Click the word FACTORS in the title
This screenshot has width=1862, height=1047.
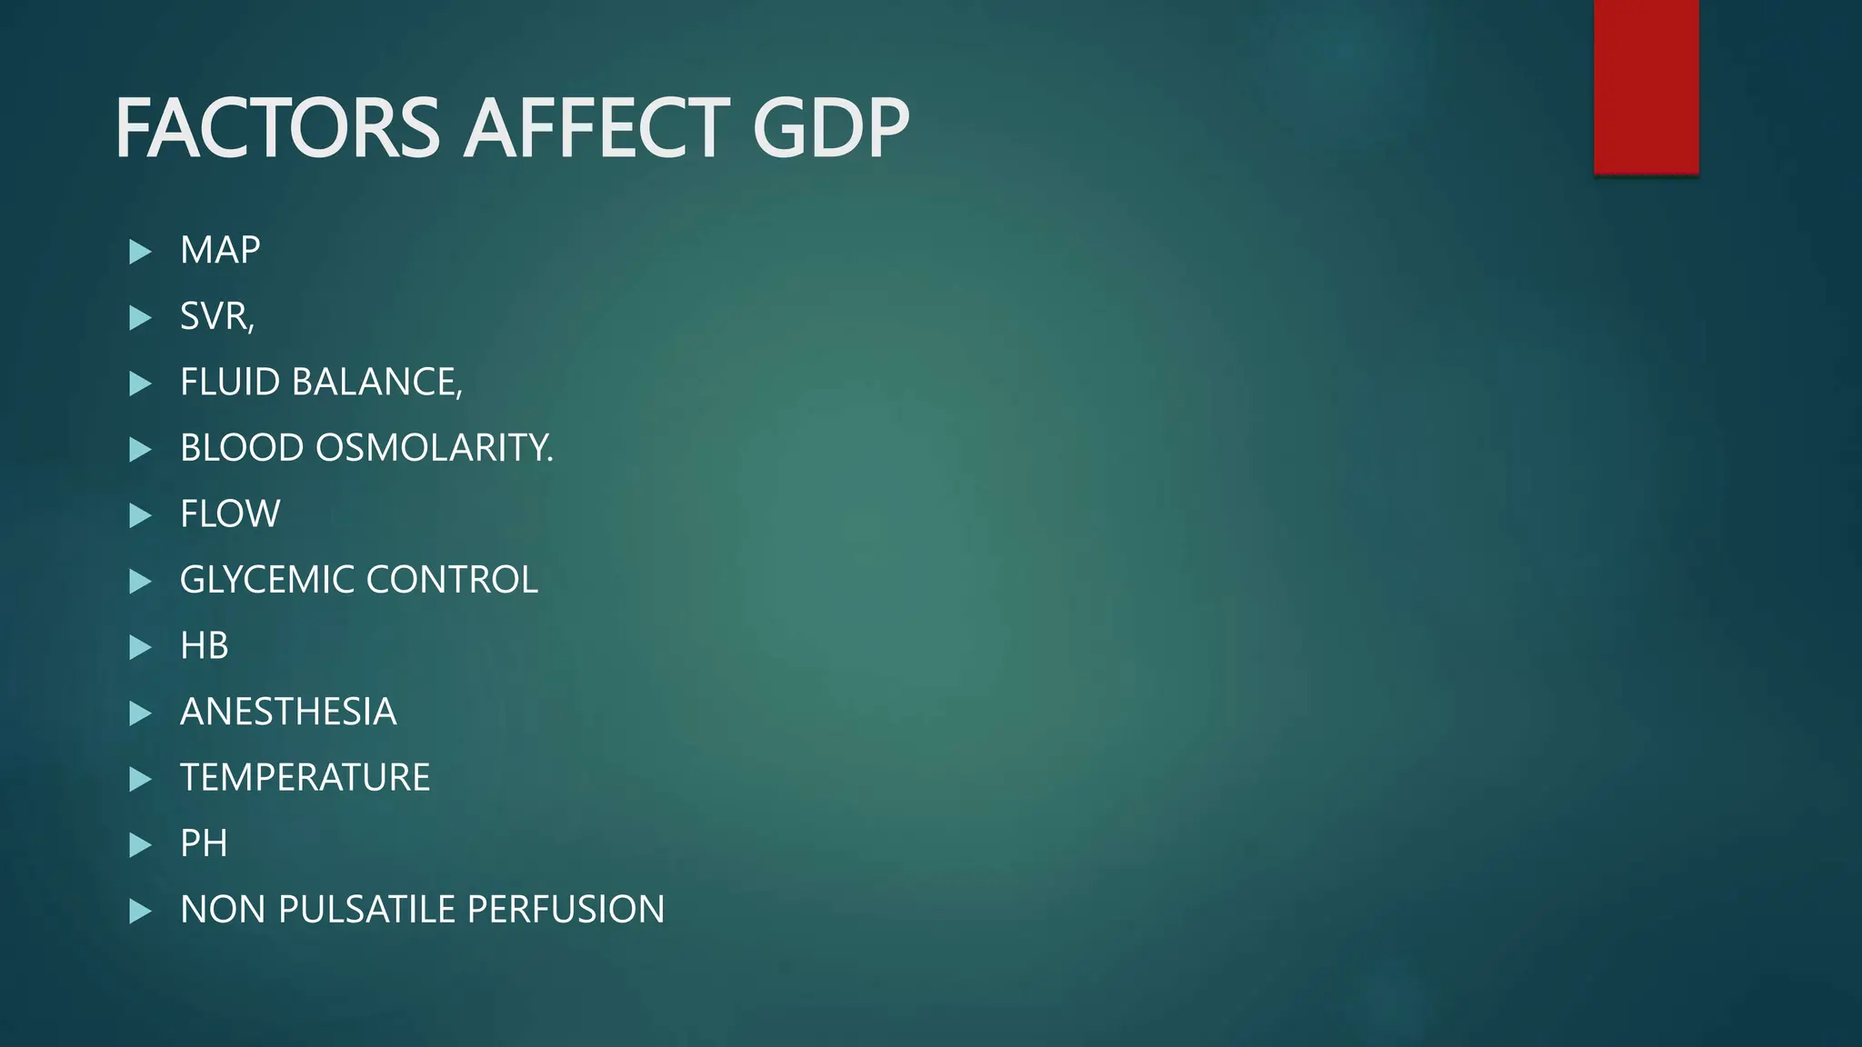tap(277, 128)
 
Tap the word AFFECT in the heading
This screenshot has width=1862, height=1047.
tap(596, 128)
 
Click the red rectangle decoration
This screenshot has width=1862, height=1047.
tap(1646, 86)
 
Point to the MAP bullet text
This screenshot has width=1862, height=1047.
tap(220, 250)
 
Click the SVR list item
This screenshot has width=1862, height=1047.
tap(216, 316)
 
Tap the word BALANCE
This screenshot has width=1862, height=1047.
tap(376, 383)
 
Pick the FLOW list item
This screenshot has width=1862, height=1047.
tap(230, 514)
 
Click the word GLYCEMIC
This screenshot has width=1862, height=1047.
tap(267, 580)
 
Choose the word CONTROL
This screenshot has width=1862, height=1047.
tap(452, 580)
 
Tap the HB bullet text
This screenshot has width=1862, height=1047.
tap(205, 646)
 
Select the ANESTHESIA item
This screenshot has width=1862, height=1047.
tap(288, 712)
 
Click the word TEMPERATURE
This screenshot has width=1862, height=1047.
tap(305, 778)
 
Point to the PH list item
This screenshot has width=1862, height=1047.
tap(204, 843)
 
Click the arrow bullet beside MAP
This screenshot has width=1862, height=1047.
tap(140, 252)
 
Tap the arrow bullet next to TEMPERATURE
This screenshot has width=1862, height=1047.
tap(140, 779)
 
